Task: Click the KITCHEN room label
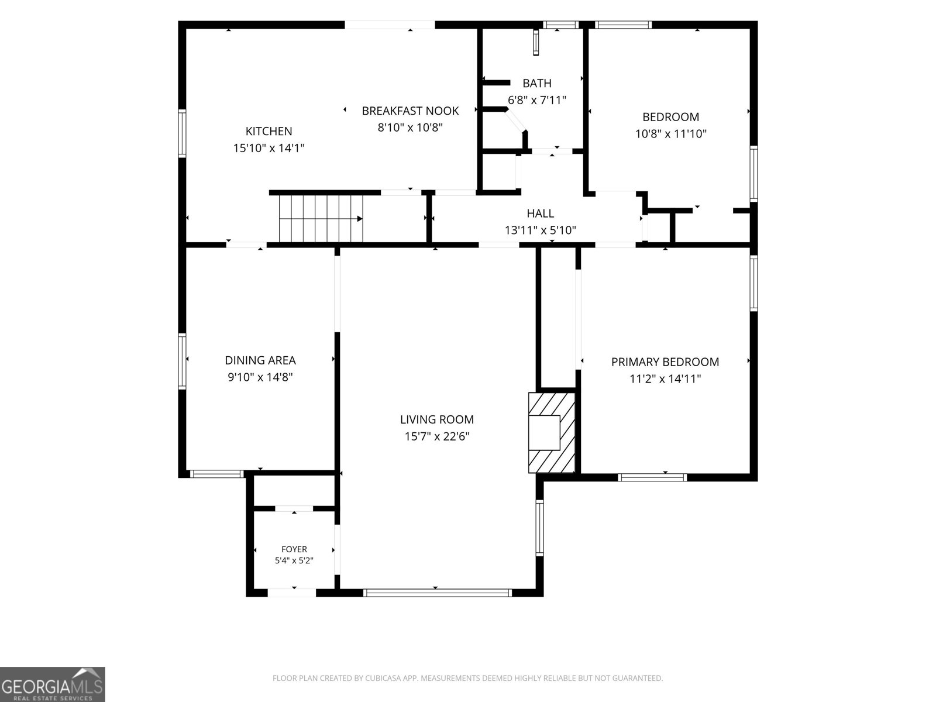tap(269, 131)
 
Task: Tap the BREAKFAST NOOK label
tap(410, 111)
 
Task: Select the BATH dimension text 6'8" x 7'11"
tap(537, 100)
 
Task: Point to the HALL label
tap(541, 213)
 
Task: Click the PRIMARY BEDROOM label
tap(665, 362)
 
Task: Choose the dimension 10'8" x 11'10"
tap(671, 134)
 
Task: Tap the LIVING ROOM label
tap(436, 419)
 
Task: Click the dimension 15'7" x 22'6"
tap(436, 436)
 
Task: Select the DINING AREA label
tap(260, 360)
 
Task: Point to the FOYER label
tap(294, 549)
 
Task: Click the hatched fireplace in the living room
tap(552, 432)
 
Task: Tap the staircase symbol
tap(321, 218)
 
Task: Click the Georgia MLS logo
tap(53, 684)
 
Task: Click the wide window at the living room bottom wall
tap(437, 593)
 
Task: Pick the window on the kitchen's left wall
tap(182, 133)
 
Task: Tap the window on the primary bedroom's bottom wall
tap(652, 477)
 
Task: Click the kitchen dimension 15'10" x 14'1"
tap(269, 148)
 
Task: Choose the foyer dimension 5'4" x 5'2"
tap(294, 560)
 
